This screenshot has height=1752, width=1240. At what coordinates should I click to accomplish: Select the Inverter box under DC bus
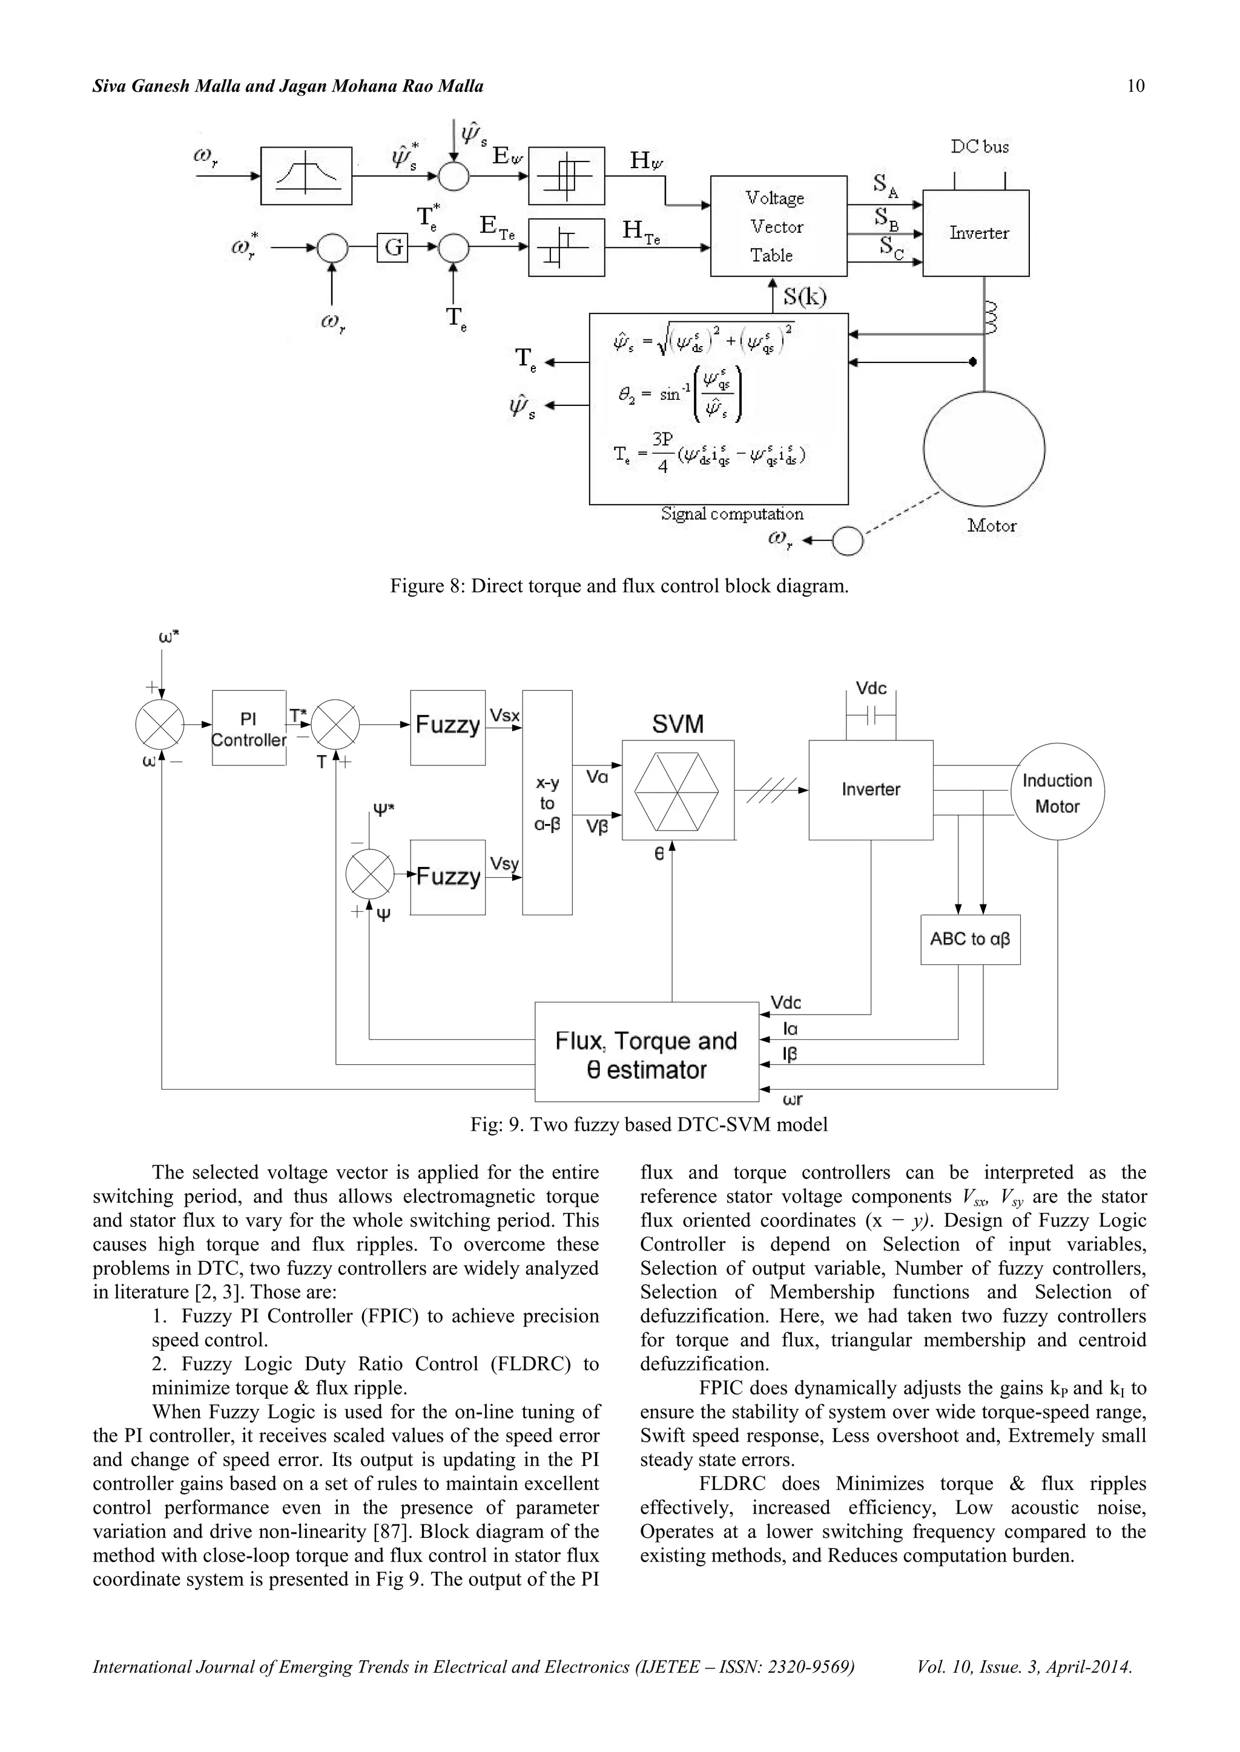(x=976, y=233)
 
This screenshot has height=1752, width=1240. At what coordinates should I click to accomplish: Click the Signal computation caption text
(x=731, y=514)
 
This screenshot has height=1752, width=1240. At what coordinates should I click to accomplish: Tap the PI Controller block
(x=248, y=728)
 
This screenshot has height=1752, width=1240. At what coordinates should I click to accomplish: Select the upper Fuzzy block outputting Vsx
(x=447, y=727)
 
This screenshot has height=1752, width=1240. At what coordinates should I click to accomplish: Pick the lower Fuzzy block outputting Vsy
(x=447, y=877)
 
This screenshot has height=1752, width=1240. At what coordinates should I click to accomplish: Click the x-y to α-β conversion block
(x=547, y=803)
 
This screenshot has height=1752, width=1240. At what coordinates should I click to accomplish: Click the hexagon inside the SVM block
(x=678, y=791)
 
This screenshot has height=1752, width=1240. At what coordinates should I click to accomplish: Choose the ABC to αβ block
(x=970, y=940)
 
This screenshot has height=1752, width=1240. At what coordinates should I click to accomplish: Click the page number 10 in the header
(x=1135, y=87)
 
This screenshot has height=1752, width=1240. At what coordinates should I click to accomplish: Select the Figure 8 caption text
(x=619, y=586)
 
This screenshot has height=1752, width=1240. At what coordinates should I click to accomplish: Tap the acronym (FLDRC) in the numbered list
(x=530, y=1364)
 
